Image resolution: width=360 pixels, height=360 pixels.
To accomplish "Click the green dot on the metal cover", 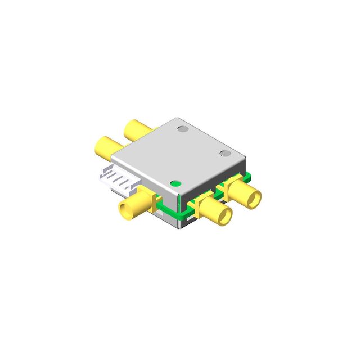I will pyautogui.click(x=175, y=183).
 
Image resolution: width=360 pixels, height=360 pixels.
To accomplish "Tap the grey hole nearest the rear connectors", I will pyautogui.click(x=182, y=129).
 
